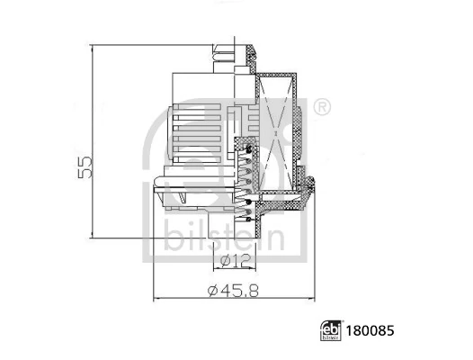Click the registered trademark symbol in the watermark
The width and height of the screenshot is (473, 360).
pyautogui.click(x=322, y=109)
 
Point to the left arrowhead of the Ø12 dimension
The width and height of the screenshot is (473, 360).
pyautogui.click(x=215, y=268)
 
